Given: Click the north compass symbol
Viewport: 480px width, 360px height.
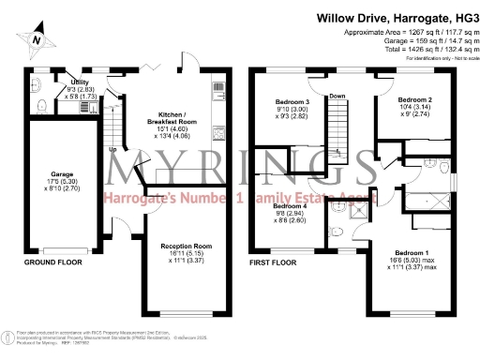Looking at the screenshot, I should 35,40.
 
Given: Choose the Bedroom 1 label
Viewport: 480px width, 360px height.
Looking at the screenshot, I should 412,254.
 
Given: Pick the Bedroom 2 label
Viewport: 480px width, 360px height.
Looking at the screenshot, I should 413,98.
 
